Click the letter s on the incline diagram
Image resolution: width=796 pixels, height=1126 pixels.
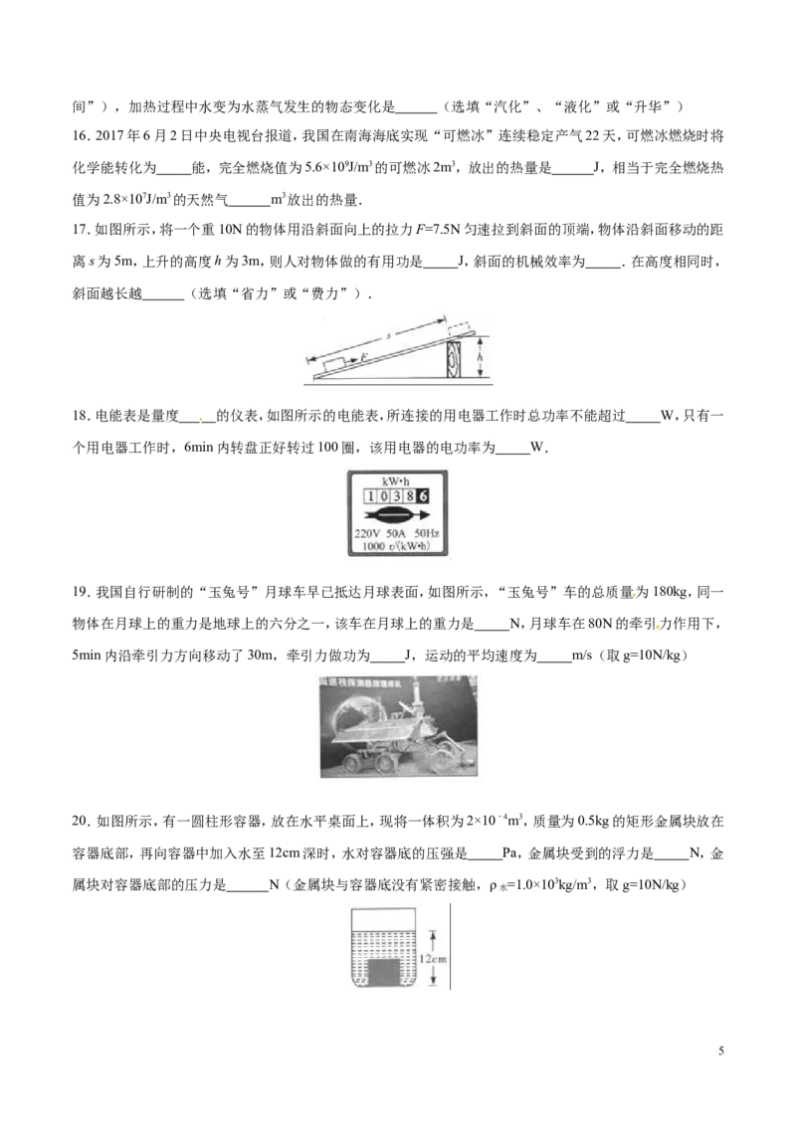387,335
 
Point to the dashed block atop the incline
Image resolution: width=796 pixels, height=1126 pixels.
459,329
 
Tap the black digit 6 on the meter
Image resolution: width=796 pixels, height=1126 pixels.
423,496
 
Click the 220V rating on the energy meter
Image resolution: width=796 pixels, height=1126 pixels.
367,533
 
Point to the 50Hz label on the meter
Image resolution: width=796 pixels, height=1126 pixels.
428,533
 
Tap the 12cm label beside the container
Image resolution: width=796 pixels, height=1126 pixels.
433,958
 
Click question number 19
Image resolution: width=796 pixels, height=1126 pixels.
81,593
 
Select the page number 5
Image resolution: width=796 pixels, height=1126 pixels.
720,1051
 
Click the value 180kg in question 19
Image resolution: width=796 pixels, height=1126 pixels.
671,593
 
